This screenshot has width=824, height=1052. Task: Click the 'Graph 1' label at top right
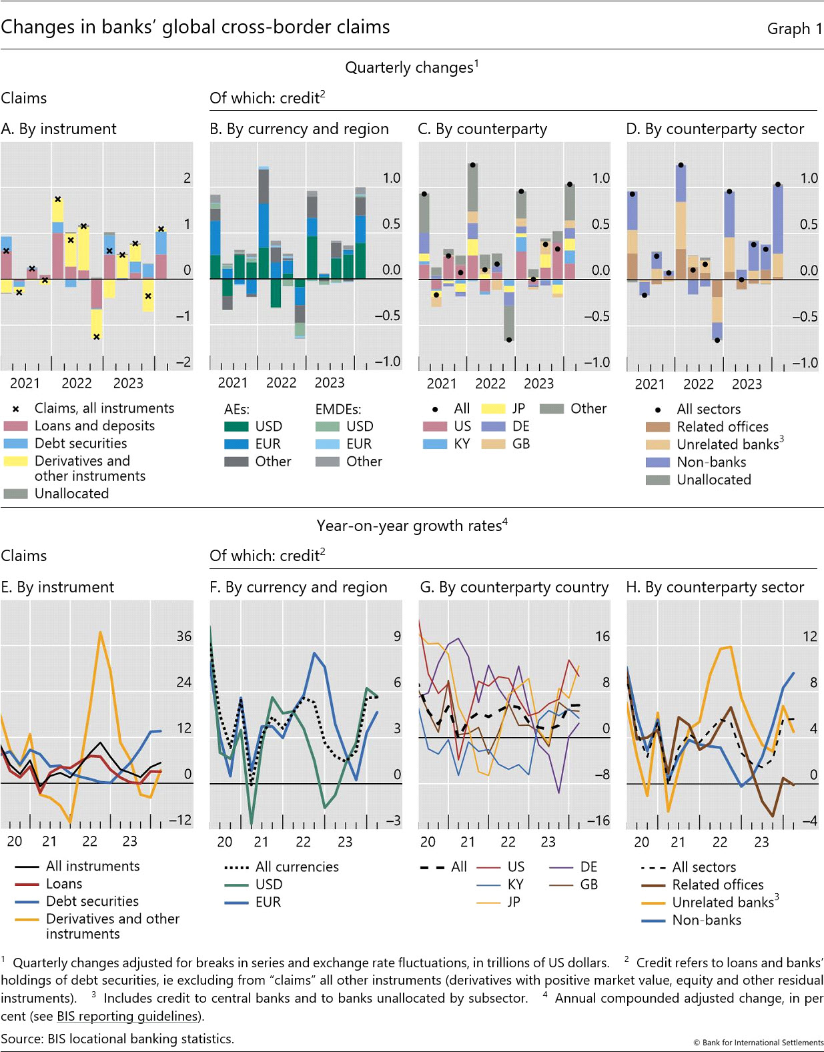[794, 29]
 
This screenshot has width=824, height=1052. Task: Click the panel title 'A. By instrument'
[59, 129]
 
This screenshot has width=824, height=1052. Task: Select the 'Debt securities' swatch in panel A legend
[15, 444]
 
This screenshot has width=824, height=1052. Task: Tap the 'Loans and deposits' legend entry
[94, 426]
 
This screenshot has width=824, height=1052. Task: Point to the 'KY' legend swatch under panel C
[435, 444]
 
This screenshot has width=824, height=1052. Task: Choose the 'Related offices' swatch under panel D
[657, 427]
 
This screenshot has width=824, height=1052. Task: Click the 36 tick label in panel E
[184, 636]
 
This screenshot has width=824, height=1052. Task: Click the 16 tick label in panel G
[602, 636]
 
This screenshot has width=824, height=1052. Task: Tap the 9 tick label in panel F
[397, 636]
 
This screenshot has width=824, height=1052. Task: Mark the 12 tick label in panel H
[809, 636]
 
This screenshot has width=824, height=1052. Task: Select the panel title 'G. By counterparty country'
[514, 587]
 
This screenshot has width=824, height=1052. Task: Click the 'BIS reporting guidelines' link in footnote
[128, 1016]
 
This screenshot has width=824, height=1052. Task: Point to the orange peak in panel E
[100, 632]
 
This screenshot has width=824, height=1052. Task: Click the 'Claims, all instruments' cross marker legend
[16, 409]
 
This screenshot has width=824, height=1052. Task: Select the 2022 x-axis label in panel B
[281, 383]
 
